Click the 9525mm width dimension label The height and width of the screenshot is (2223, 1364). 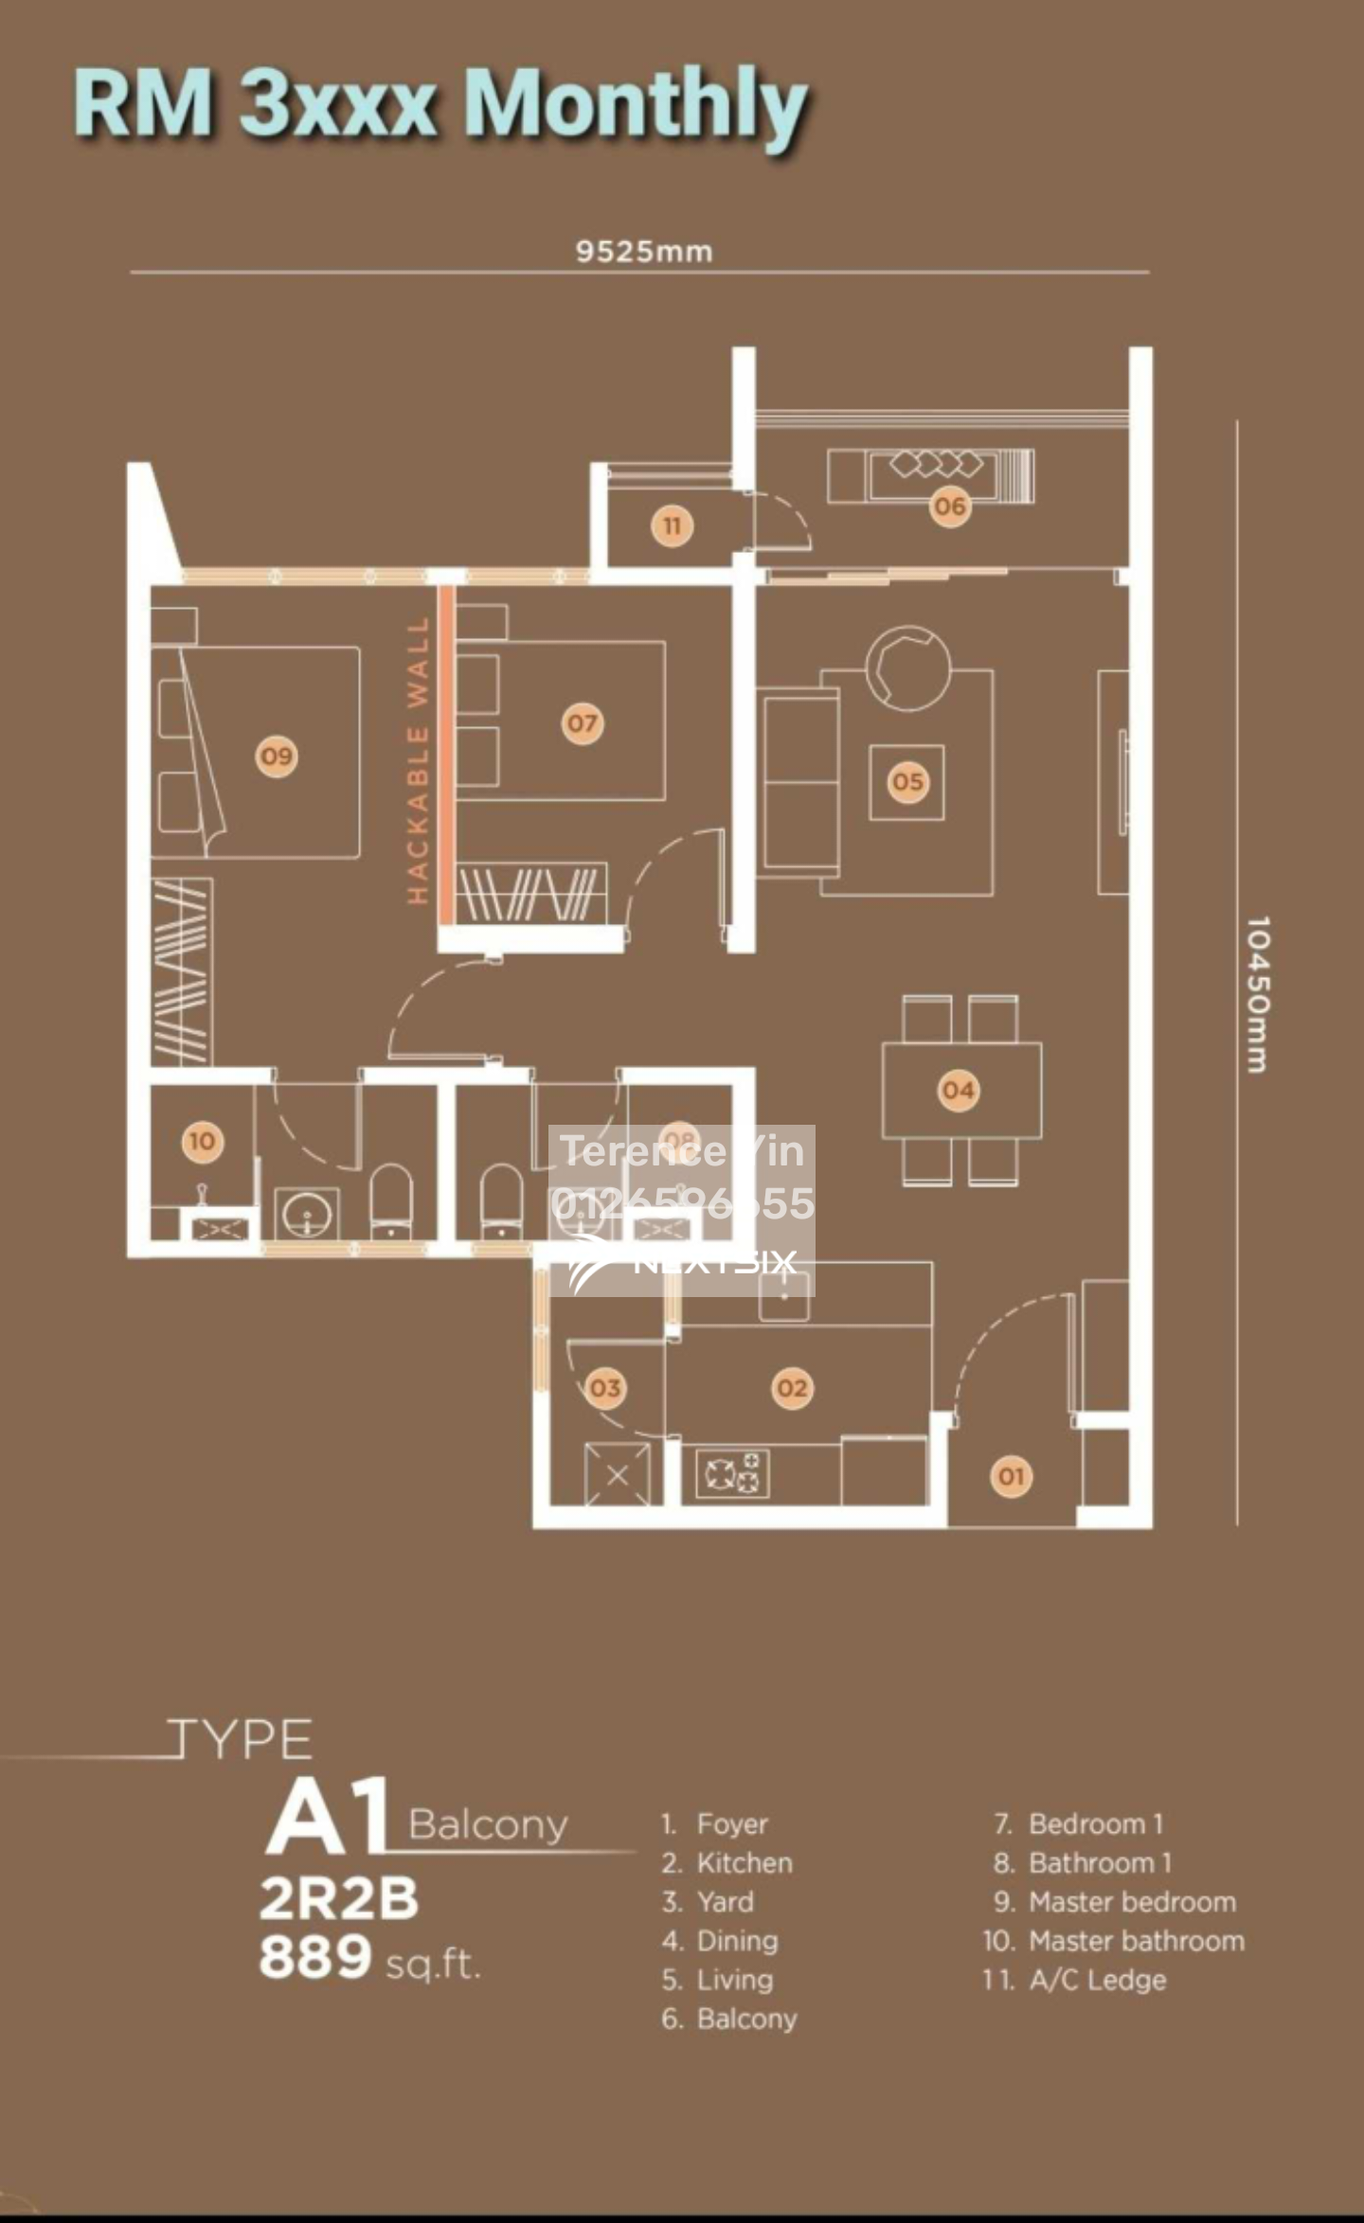pyautogui.click(x=644, y=252)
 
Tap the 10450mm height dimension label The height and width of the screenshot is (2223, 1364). pyautogui.click(x=1257, y=994)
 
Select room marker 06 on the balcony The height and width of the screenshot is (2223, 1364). pyautogui.click(x=949, y=507)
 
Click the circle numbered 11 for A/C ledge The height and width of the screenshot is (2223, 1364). pyautogui.click(x=672, y=525)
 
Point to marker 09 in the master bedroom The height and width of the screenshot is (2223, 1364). pyautogui.click(x=277, y=756)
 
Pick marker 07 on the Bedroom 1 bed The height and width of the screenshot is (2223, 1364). pyautogui.click(x=582, y=724)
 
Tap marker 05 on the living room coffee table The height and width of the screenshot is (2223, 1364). pyautogui.click(x=906, y=782)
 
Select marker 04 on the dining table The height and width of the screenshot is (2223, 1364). pyautogui.click(x=958, y=1091)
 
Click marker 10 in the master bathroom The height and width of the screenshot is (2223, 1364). pyautogui.click(x=202, y=1141)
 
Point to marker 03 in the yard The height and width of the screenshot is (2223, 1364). pyautogui.click(x=604, y=1388)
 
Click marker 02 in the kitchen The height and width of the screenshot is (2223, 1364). pyautogui.click(x=792, y=1388)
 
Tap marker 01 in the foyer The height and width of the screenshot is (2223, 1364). pyautogui.click(x=1011, y=1476)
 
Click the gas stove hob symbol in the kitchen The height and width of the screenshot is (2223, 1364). pyautogui.click(x=732, y=1474)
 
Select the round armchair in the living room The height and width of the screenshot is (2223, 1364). pyautogui.click(x=907, y=667)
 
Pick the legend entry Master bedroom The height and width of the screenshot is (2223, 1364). pyautogui.click(x=1132, y=1902)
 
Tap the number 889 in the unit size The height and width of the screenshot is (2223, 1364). pyautogui.click(x=315, y=1957)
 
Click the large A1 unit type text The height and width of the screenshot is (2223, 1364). pyautogui.click(x=328, y=1817)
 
